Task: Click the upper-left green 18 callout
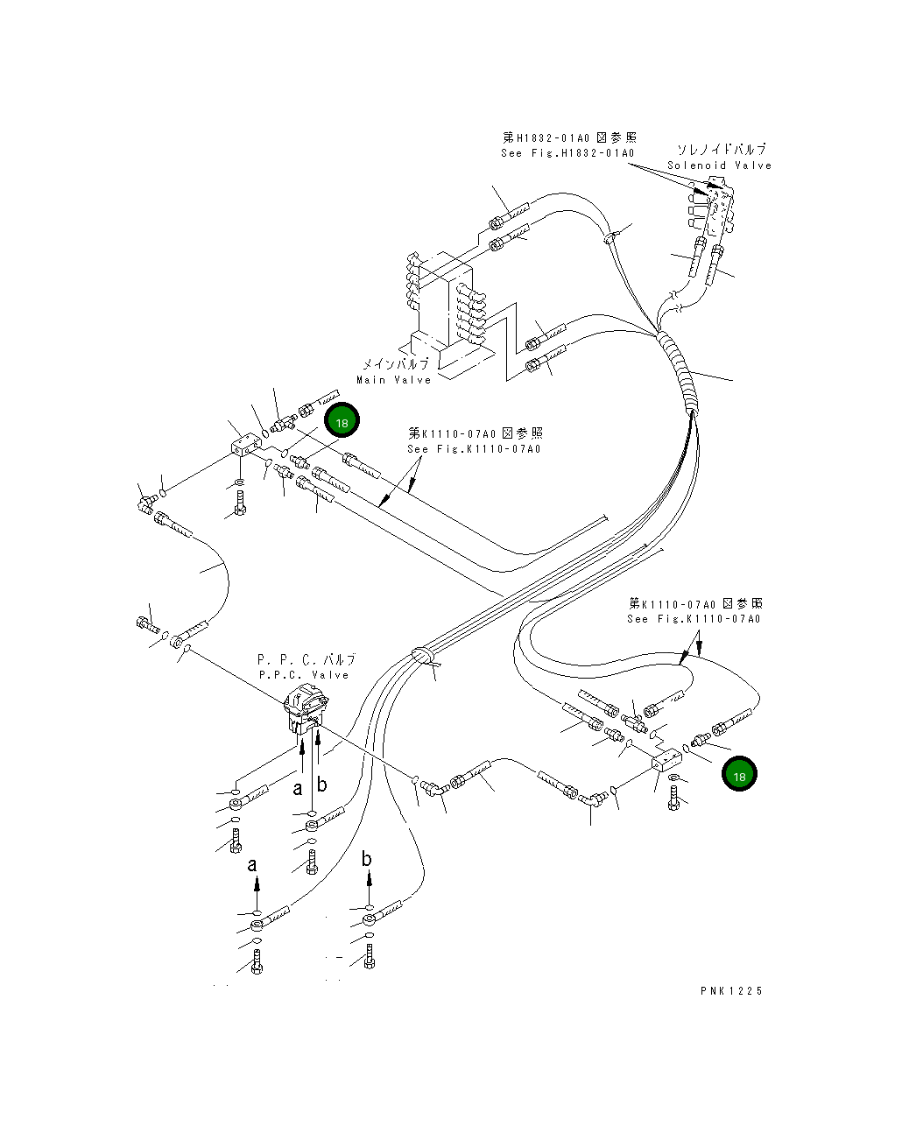342,420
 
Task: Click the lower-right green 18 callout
739,775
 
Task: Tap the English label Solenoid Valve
719,165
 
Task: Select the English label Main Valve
393,380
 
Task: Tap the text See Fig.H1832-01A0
567,153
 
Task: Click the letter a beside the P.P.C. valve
298,789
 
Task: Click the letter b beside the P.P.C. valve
321,785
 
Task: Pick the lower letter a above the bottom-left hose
253,865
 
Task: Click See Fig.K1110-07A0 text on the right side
694,619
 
